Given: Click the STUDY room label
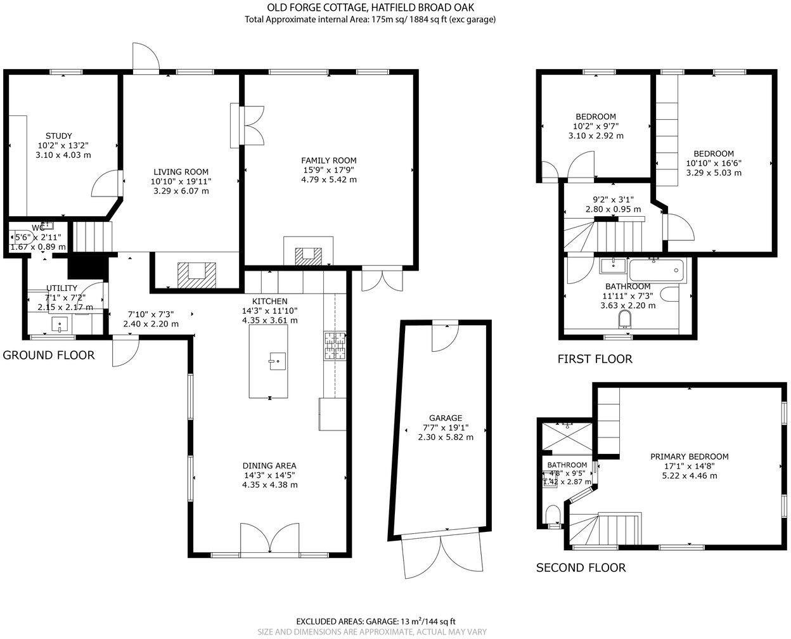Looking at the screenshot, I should coord(58,136).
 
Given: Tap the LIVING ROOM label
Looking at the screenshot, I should coord(181,172).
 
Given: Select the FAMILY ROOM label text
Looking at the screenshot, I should coord(328,160).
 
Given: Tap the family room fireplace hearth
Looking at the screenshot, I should coord(309,255).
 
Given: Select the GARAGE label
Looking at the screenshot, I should coord(445,418).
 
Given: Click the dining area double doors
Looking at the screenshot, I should coord(269,539).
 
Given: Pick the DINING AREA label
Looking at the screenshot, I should coord(269,465).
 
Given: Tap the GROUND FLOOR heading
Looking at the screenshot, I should coord(49,355).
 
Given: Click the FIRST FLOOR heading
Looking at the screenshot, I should coord(595,359).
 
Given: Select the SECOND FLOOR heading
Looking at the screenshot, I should coord(581,568).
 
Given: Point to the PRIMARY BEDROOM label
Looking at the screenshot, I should coord(689,456).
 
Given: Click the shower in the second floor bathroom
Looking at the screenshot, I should coord(566,435).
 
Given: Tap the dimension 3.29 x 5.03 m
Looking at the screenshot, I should coord(713,172).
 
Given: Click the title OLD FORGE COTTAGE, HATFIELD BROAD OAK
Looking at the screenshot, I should coord(370,8).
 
